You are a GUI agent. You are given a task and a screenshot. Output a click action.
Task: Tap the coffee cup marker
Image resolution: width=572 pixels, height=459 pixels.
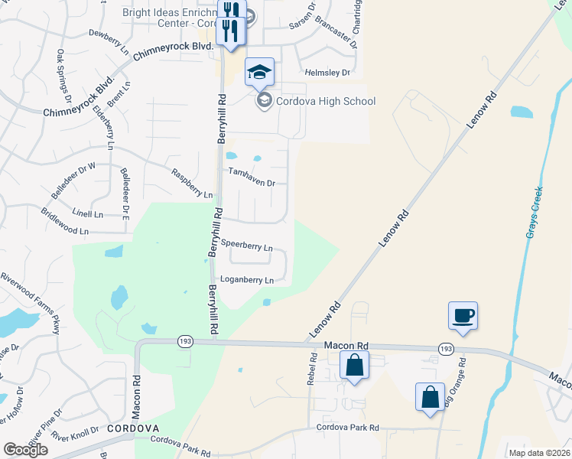[463, 315]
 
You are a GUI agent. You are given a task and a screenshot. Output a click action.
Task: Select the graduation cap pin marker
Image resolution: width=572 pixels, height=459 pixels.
[259, 73]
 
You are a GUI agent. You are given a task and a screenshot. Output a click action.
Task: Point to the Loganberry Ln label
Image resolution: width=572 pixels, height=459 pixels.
[246, 280]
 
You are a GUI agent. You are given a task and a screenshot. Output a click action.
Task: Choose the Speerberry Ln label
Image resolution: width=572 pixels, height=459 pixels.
[246, 246]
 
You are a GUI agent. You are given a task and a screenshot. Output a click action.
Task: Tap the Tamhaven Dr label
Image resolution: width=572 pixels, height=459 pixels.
[251, 181]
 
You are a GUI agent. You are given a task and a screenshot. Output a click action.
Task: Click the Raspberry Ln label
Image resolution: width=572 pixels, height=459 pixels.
[192, 184]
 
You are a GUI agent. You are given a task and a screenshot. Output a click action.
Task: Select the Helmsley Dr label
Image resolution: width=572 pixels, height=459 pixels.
[327, 73]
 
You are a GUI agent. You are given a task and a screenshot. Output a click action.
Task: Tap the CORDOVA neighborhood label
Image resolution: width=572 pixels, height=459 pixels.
[132, 428]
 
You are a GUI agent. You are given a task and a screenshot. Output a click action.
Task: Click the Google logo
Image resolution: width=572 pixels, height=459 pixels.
[25, 450]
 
